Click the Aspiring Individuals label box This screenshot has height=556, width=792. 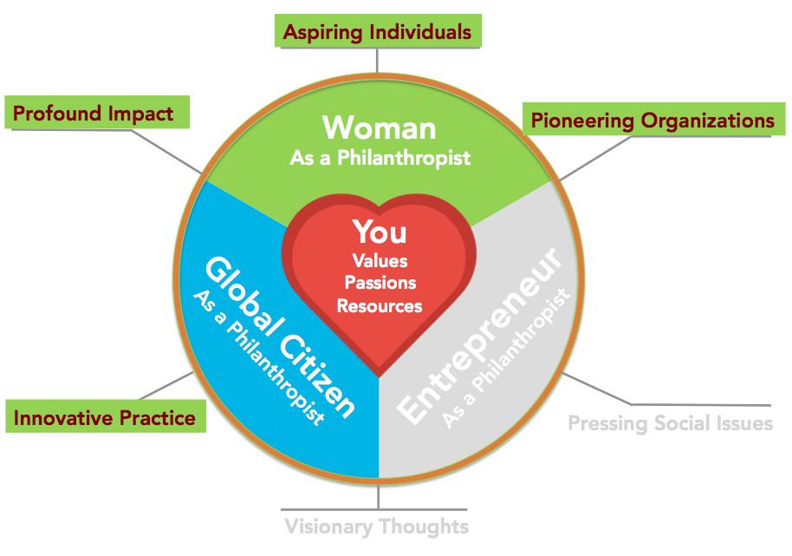click(x=378, y=31)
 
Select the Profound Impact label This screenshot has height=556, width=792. click(x=97, y=112)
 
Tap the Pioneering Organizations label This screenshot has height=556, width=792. click(x=653, y=120)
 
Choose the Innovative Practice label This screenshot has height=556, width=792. click(x=106, y=416)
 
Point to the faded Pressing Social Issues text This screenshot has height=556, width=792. click(x=671, y=423)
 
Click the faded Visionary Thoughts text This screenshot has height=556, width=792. click(x=377, y=527)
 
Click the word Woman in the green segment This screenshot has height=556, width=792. click(x=380, y=128)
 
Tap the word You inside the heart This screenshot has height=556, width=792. click(x=380, y=232)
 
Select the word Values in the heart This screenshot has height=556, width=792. click(x=380, y=261)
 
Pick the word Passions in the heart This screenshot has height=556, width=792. click(x=380, y=283)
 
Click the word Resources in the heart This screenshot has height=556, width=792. click(x=380, y=306)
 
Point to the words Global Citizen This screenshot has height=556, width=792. click(x=281, y=337)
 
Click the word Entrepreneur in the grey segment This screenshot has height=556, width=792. click(x=478, y=337)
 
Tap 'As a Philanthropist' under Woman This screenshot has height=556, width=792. click(x=380, y=158)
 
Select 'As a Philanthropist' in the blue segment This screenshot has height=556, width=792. click(x=258, y=357)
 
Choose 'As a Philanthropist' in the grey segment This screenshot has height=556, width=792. click(x=506, y=359)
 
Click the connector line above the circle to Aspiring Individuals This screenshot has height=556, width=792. click(x=377, y=60)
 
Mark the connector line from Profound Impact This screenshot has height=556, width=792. click(x=166, y=152)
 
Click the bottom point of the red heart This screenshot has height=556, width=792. click(x=379, y=376)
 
